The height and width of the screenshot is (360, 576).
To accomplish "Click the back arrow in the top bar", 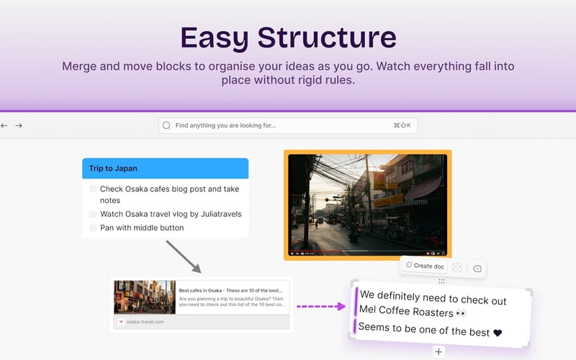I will point(4,125).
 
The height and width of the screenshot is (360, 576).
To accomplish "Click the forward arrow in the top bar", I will point(19,125).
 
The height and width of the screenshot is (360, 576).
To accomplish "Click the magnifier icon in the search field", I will point(167,125).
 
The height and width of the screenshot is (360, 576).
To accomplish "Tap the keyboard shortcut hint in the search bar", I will point(402,125).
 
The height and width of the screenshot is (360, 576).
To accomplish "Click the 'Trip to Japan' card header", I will point(165,168).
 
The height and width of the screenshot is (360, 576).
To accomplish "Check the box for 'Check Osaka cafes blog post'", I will point(93,189).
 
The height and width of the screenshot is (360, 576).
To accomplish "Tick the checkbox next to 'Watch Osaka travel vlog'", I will point(93,214).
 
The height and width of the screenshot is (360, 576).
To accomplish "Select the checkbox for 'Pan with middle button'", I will point(93,228).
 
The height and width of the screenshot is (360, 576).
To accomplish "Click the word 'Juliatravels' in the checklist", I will point(218,214).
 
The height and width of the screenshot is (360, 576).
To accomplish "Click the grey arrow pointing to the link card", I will point(184,257).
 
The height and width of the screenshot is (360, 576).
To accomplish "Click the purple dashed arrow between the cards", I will point(321,306).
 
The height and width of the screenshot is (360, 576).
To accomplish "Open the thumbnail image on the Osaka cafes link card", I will point(144,297).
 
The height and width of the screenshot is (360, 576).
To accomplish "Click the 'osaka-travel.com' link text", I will point(145,322).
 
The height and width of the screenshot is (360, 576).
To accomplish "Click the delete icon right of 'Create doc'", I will point(477,269).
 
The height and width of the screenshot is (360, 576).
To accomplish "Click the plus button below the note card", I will point(438,352).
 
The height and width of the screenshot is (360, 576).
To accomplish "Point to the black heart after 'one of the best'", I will point(497,333).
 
